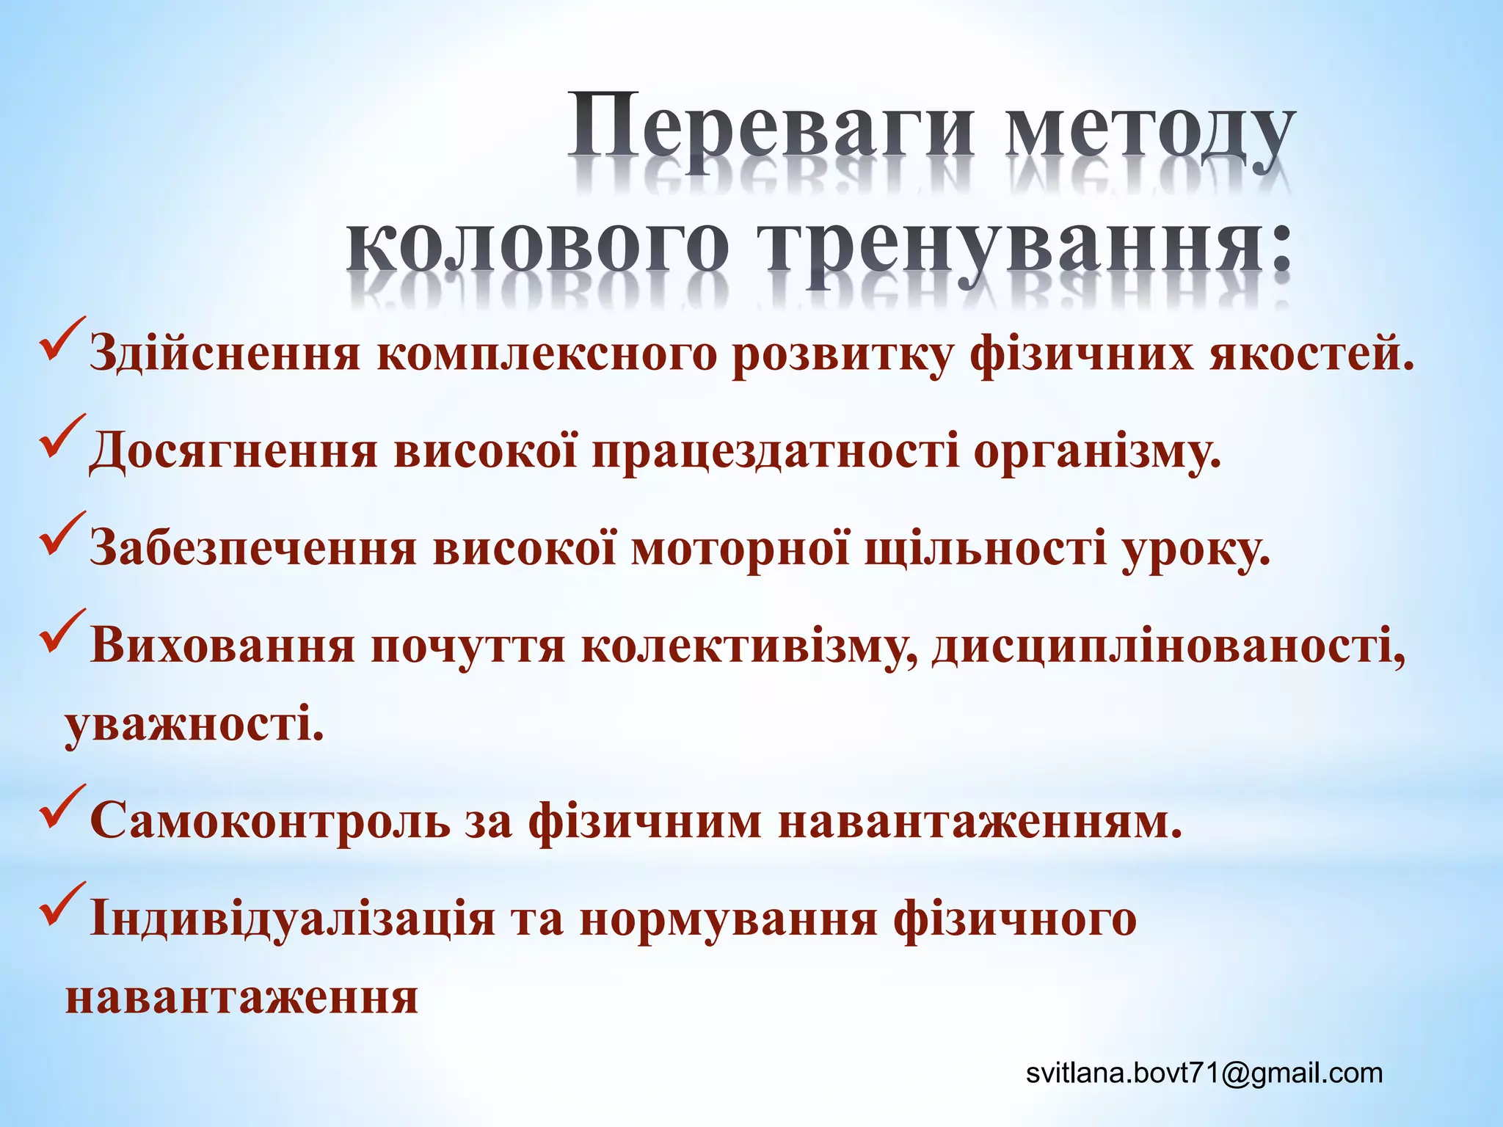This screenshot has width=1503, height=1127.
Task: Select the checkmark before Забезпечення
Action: (63, 536)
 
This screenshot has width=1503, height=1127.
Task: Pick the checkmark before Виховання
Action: (63, 632)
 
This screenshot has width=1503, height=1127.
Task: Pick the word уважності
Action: (194, 724)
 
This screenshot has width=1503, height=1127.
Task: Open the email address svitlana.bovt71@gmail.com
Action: (1204, 1073)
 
